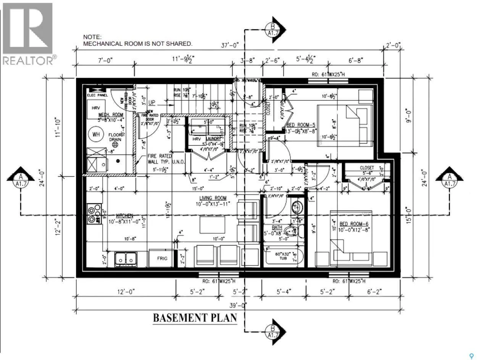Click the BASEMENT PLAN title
(195, 318)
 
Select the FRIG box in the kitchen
(162, 258)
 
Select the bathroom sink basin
(297, 208)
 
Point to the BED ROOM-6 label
(353, 224)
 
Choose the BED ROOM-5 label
(301, 126)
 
